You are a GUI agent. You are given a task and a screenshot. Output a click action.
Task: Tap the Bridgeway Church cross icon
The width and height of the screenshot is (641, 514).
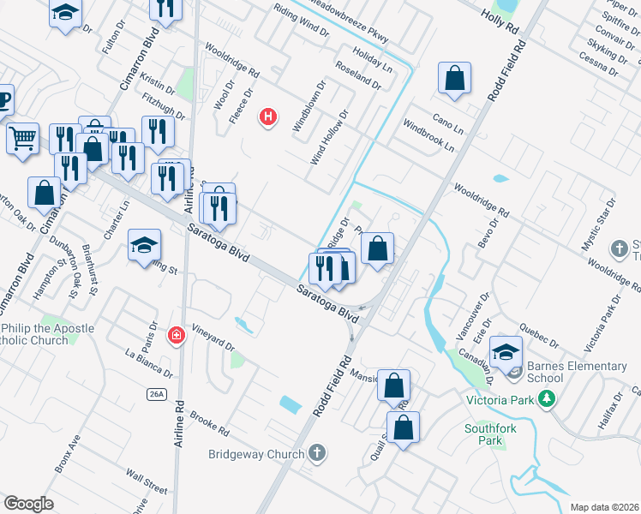317,452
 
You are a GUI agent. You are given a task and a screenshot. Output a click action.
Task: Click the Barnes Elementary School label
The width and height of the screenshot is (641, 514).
576,372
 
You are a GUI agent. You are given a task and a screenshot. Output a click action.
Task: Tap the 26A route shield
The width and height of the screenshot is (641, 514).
155,394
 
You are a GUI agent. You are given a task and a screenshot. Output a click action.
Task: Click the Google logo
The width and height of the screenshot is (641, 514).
28,504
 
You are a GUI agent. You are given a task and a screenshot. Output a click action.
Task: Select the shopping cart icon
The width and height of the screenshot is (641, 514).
23,138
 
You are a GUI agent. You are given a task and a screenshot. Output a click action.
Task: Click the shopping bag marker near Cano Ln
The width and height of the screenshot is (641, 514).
454,79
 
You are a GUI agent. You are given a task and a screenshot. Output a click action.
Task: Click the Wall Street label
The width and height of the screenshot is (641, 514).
146,482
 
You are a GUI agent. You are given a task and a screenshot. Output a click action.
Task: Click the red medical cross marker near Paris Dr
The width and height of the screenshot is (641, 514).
177,336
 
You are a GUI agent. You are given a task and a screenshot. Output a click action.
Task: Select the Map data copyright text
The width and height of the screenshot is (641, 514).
605,507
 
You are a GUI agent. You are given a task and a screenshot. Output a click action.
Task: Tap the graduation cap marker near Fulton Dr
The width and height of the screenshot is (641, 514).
65,14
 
